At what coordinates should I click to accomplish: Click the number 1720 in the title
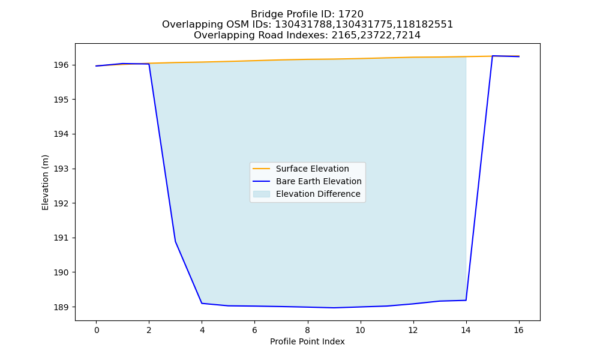(x=351, y=14)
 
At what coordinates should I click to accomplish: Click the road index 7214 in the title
(x=408, y=35)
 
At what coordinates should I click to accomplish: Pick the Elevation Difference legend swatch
(x=262, y=194)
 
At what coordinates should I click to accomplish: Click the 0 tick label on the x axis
(x=97, y=330)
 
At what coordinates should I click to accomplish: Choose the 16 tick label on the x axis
(x=519, y=330)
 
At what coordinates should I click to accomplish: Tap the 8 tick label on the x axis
(x=308, y=330)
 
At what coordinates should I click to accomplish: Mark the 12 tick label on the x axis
(x=413, y=330)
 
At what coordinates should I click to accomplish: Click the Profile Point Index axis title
(x=307, y=341)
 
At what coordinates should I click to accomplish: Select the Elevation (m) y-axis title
(x=46, y=182)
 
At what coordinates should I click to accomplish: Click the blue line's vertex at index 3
(x=175, y=241)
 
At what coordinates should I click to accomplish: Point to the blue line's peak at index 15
(x=493, y=56)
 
